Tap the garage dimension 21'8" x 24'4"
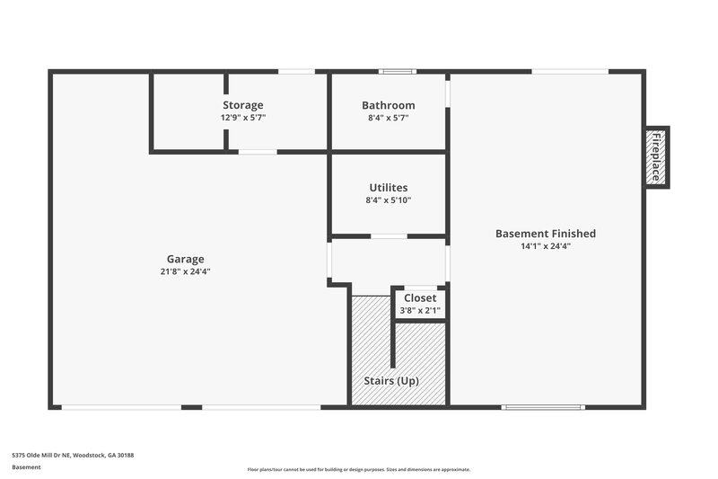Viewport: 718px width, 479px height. [185, 271]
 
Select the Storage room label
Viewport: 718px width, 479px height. [243, 105]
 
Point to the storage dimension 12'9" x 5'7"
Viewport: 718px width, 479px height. [243, 118]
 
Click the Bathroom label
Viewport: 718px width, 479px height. [388, 105]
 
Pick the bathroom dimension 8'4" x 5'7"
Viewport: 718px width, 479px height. [388, 118]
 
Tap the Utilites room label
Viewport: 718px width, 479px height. [388, 187]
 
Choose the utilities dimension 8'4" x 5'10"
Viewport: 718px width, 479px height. [388, 200]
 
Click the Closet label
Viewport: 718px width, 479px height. [420, 297]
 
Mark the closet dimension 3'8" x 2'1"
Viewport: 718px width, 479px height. [420, 310]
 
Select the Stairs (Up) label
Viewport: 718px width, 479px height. [390, 380]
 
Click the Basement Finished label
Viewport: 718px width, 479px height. [545, 234]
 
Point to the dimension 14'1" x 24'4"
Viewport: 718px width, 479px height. [545, 246]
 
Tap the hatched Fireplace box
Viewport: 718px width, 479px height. [656, 156]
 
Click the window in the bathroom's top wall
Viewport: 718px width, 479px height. [396, 71]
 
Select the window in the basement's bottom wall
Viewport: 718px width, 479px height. [544, 407]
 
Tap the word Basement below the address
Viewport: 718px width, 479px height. [26, 467]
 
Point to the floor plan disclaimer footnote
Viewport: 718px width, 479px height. [358, 469]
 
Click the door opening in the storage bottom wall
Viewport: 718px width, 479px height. [258, 152]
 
